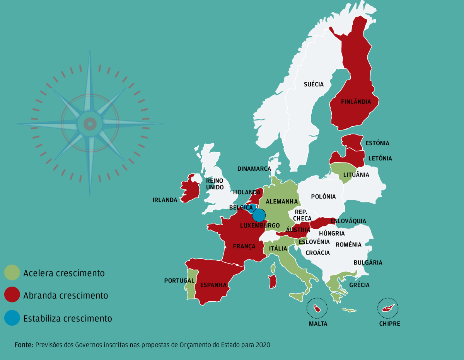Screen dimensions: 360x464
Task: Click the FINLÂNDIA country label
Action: click(x=356, y=102)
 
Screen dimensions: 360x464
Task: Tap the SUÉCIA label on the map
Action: click(x=314, y=84)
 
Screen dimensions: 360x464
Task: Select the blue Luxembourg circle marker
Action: click(x=259, y=215)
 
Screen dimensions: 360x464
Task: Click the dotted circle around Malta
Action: click(x=317, y=308)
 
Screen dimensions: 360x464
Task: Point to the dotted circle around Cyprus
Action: click(x=388, y=308)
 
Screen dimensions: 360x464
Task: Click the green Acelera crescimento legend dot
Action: click(x=12, y=273)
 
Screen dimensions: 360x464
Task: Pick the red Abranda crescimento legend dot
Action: click(x=12, y=295)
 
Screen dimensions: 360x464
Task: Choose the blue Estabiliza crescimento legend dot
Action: click(x=12, y=318)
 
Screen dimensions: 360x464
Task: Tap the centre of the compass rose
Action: click(x=90, y=124)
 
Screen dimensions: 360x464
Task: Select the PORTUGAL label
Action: click(x=179, y=280)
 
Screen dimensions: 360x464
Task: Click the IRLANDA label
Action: click(x=165, y=200)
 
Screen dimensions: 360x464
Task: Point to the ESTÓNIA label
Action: click(x=377, y=143)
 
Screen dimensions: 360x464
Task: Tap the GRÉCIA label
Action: click(x=360, y=285)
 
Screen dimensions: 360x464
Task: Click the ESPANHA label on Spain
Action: click(x=213, y=285)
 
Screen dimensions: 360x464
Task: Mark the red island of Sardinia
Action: click(x=273, y=281)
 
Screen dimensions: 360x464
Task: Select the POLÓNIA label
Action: click(x=323, y=197)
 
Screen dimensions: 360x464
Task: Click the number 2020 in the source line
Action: click(x=263, y=345)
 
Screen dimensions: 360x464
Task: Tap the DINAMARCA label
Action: click(x=254, y=169)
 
